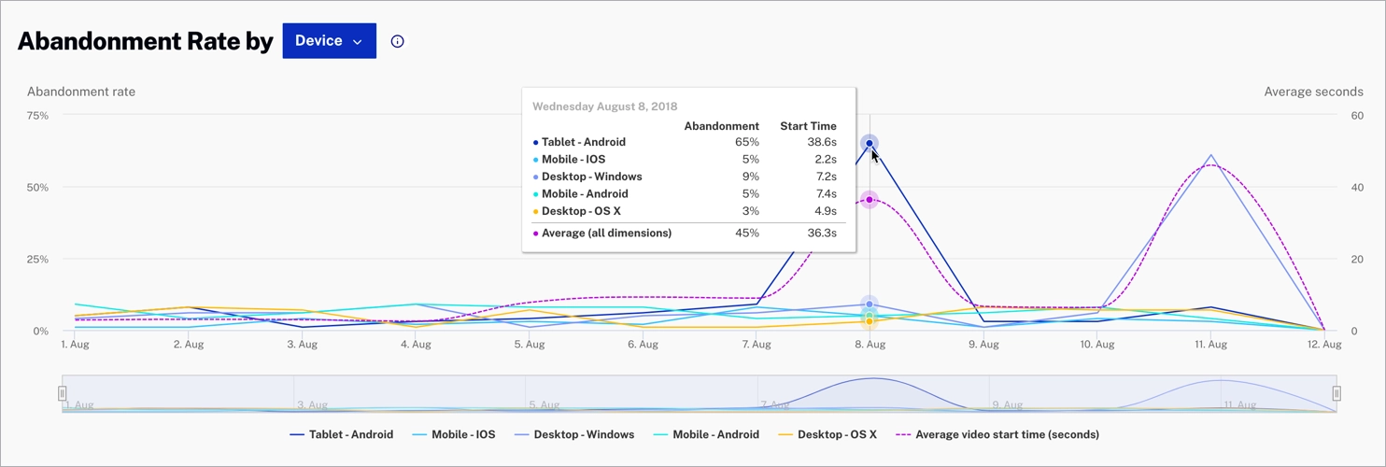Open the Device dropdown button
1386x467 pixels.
(329, 41)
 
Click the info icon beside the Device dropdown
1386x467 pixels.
(398, 41)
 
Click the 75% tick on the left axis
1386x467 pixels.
(37, 116)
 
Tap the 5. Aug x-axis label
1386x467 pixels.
(529, 345)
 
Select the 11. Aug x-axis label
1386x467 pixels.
(1210, 345)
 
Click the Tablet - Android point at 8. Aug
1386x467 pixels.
(870, 143)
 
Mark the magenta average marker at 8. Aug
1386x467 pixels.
(870, 200)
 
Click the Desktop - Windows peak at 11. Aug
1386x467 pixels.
(1210, 155)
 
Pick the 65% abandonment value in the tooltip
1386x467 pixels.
(747, 142)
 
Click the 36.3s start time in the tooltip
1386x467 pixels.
(821, 233)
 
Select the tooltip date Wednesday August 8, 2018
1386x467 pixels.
(604, 106)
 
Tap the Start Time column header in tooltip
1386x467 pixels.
(808, 126)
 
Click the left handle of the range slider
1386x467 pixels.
(63, 393)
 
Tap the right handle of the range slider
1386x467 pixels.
(1336, 393)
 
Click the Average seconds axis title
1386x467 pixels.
(1312, 92)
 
